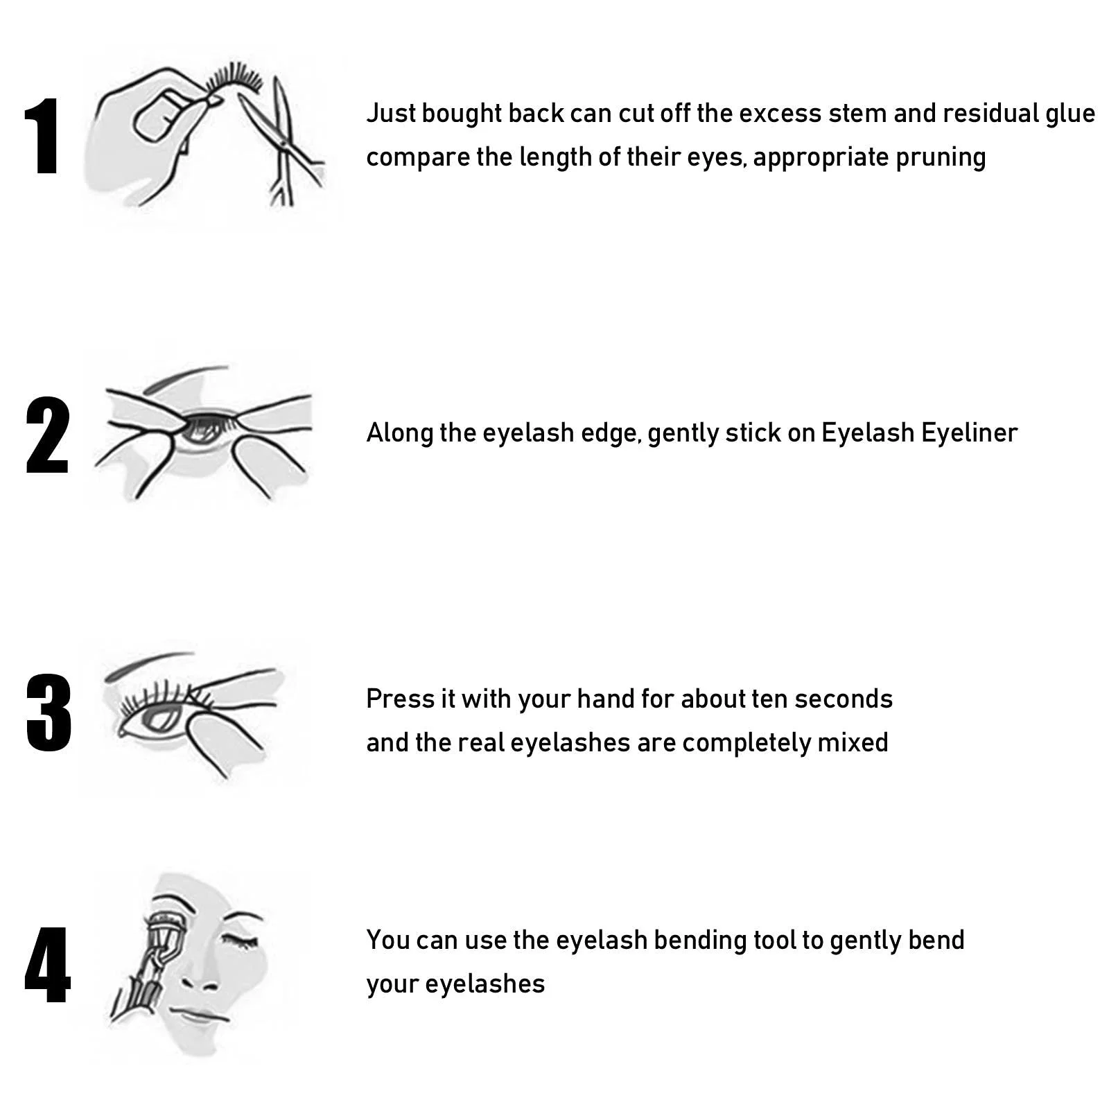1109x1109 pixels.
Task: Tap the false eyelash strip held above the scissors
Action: [x=236, y=80]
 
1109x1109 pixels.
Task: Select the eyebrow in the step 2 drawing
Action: [x=184, y=378]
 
